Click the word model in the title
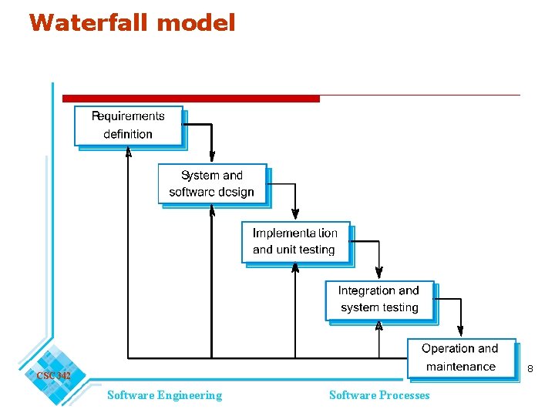click(195, 22)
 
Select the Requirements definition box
click(129, 126)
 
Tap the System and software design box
click(212, 184)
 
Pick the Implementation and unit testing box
click(295, 242)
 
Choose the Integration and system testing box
click(379, 300)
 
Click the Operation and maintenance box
click(460, 358)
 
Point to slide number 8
click(530, 370)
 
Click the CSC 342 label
click(53, 375)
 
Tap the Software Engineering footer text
click(164, 395)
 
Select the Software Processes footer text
click(379, 395)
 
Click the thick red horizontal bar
click(190, 99)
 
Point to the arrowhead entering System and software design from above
click(212, 158)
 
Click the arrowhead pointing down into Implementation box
click(295, 216)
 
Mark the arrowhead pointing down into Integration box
click(378, 273)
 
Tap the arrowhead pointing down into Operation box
click(460, 332)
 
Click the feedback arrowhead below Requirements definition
click(128, 152)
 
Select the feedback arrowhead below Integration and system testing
click(378, 326)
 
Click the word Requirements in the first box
click(128, 116)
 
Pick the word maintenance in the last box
click(460, 367)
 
